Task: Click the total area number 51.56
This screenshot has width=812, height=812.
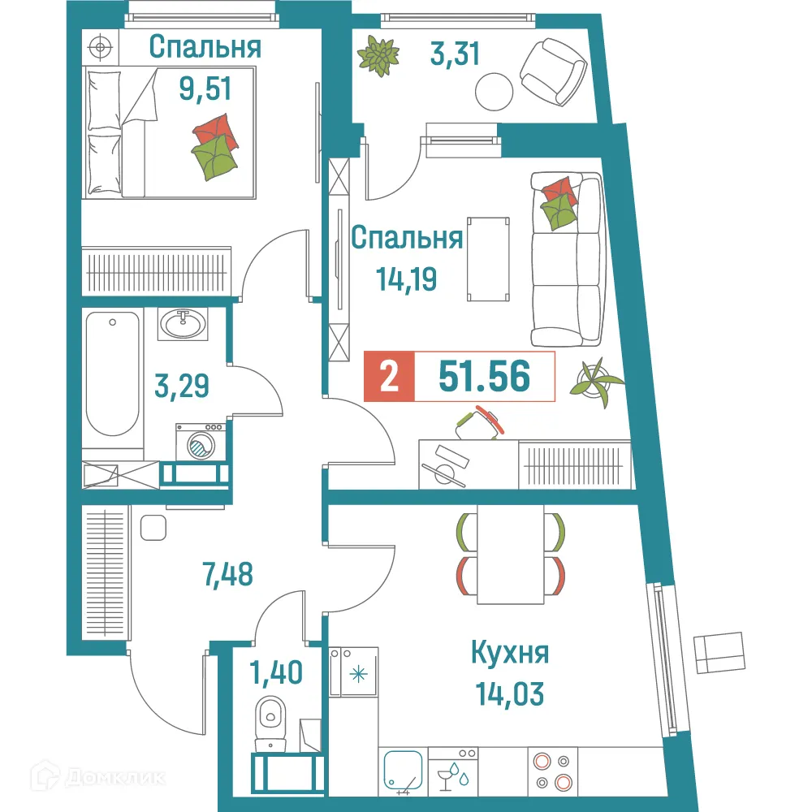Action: pos(484,378)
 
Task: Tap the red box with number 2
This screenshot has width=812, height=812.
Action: pos(389,378)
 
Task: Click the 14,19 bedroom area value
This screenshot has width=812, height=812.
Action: pos(407,279)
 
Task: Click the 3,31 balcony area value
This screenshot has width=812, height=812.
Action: pos(455,54)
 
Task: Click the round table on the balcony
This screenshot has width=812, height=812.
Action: pos(494,91)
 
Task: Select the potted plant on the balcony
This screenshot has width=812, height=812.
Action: pos(378,56)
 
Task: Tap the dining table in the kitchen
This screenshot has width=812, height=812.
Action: pos(509,554)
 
